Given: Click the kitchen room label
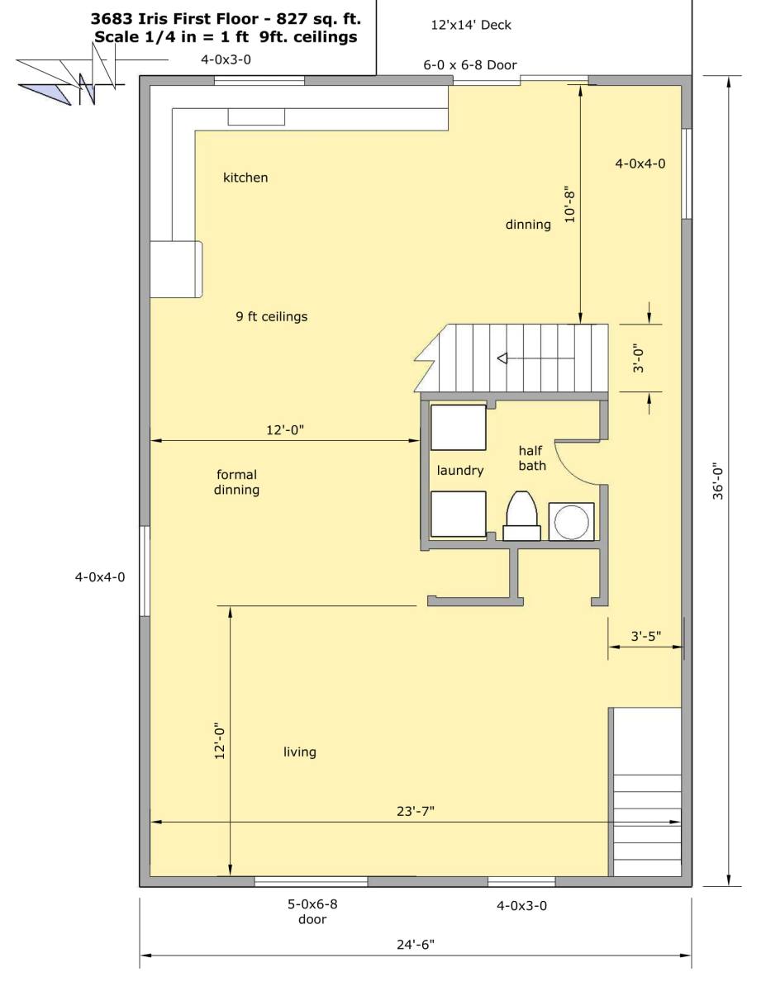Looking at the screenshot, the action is point(245,178).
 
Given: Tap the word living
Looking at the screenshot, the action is point(300,752).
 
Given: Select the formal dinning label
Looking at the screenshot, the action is point(236,482).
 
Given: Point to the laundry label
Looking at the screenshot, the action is point(460,471).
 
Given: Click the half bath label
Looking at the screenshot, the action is point(532,458).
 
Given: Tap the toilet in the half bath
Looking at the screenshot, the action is point(522,516).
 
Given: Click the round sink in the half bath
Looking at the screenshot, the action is point(571,522).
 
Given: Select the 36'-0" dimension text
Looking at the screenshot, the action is point(718,482).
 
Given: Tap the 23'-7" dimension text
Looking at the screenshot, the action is point(415,811).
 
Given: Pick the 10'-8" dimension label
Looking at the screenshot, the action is point(570,204).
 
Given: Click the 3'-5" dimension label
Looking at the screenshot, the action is point(646,635).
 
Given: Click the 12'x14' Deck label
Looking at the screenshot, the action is point(471,25).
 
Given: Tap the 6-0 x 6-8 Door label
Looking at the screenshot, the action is point(470,64).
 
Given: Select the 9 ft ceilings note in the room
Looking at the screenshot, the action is point(272,316).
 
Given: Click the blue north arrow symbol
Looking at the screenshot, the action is point(45,93).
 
